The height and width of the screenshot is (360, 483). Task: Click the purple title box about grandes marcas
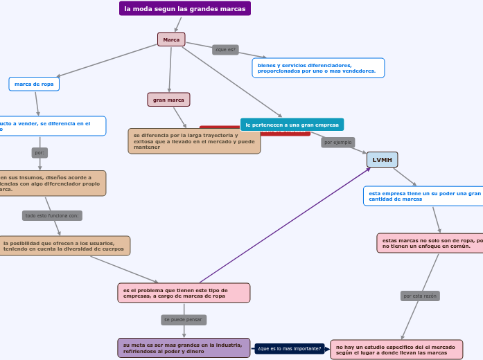185,8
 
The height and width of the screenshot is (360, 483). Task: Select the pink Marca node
171,39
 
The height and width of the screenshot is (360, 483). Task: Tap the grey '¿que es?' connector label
225,50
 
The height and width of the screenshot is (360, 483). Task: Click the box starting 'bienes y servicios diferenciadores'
318,68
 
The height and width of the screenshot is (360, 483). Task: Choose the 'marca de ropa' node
34,84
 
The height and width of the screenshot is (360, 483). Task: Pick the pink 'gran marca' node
168,100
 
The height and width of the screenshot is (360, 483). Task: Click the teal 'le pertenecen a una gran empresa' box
292,125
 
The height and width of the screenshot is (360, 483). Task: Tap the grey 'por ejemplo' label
338,142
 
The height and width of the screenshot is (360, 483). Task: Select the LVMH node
382,160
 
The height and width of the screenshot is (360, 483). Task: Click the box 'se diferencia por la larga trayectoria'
194,141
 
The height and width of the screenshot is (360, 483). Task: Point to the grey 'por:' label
39,152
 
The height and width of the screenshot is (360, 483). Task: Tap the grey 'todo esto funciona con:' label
52,215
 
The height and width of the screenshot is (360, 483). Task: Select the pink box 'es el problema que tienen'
184,293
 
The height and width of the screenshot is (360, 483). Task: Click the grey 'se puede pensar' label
184,320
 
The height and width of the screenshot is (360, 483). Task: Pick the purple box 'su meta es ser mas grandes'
184,348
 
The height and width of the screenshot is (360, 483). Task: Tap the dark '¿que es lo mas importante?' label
290,348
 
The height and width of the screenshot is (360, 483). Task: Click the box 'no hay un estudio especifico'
396,349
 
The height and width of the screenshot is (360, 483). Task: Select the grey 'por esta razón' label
420,296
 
